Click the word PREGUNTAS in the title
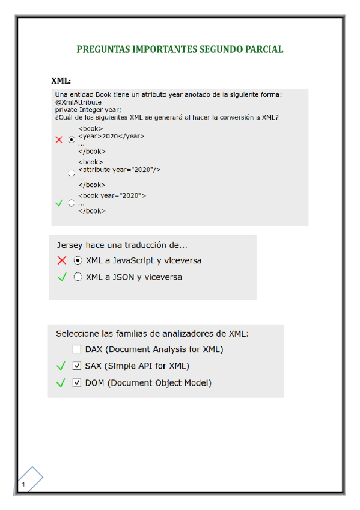click(x=103, y=49)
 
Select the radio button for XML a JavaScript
click(x=78, y=261)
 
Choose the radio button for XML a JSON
click(x=78, y=277)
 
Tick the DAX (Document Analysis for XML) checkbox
click(x=76, y=349)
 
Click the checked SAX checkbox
click(x=76, y=366)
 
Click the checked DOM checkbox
click(x=76, y=382)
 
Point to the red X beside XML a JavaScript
click(x=61, y=261)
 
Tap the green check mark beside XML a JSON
click(x=61, y=277)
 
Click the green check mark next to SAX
click(x=60, y=366)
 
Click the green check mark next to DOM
click(x=60, y=382)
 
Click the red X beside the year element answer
click(x=59, y=140)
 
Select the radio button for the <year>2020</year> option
click(x=72, y=140)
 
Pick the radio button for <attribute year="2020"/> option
click(x=72, y=173)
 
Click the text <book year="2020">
click(x=112, y=196)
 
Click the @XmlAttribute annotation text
click(x=78, y=102)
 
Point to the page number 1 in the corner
click(x=23, y=484)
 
